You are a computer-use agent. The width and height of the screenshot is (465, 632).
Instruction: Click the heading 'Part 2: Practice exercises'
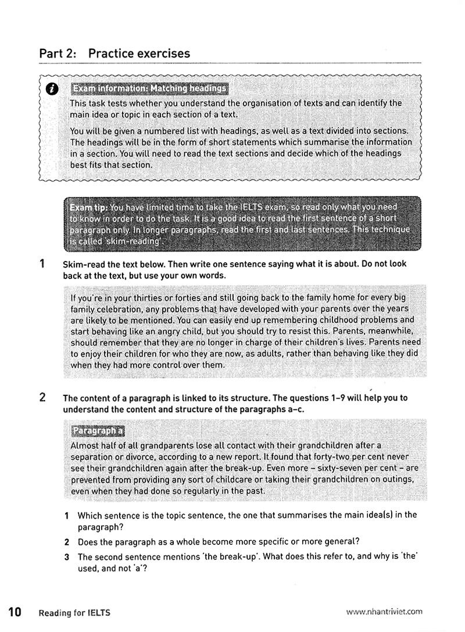tap(115, 53)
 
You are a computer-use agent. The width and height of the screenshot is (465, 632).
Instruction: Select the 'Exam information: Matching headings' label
tap(149, 88)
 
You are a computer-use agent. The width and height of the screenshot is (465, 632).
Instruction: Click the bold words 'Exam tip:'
tap(89, 208)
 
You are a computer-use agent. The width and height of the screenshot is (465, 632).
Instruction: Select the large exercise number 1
tap(42, 263)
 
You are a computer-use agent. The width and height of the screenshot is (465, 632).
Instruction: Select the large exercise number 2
tap(42, 398)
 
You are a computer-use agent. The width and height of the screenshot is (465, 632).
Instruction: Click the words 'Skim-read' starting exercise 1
tap(83, 264)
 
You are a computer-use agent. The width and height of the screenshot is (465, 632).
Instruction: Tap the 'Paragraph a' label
tap(97, 431)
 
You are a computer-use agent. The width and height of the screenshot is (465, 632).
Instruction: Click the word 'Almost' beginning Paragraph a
tap(85, 446)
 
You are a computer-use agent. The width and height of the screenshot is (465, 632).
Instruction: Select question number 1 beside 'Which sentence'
tap(67, 515)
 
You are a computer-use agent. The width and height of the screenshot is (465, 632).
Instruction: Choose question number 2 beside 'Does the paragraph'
tap(67, 542)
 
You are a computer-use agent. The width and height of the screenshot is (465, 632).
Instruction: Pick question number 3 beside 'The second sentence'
tap(67, 557)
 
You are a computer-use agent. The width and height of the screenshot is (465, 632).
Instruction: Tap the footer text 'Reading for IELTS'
tap(74, 612)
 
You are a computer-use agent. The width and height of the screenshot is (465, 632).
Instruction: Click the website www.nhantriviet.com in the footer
tap(384, 612)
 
